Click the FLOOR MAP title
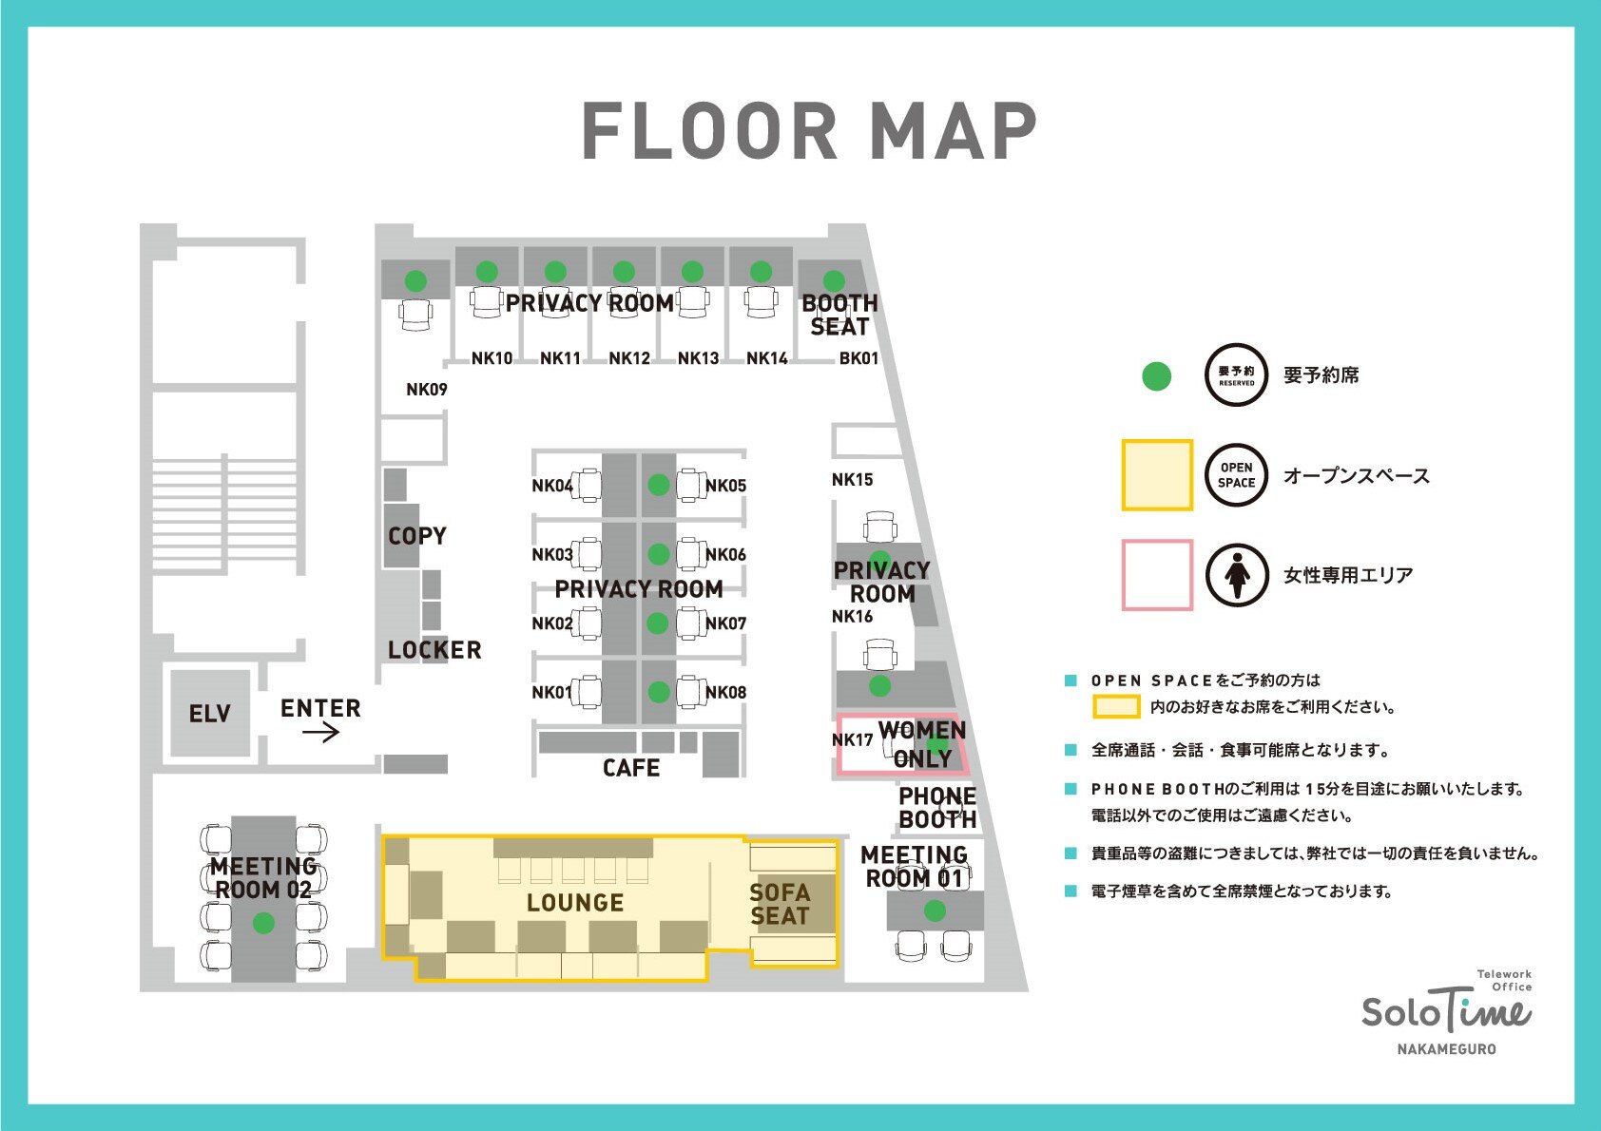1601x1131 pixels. (809, 130)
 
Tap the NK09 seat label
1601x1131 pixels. (427, 390)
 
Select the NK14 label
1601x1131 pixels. (767, 358)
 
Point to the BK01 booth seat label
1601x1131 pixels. (858, 358)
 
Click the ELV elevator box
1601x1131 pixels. (210, 713)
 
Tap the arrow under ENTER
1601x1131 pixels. (321, 733)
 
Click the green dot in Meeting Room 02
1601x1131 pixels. (263, 923)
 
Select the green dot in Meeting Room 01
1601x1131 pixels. (935, 911)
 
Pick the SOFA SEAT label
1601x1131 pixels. (780, 905)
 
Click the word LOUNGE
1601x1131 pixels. (575, 903)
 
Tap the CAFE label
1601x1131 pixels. (631, 768)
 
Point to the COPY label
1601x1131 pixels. (417, 536)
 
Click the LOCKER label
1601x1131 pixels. (434, 650)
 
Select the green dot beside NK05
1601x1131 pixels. (658, 485)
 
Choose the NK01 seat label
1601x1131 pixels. (551, 692)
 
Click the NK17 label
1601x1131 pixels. (852, 739)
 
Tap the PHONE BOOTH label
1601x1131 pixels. (937, 807)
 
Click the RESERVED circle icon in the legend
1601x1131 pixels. (1237, 375)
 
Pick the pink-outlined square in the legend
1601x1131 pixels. (1157, 575)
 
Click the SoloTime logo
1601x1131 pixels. (1446, 1012)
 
